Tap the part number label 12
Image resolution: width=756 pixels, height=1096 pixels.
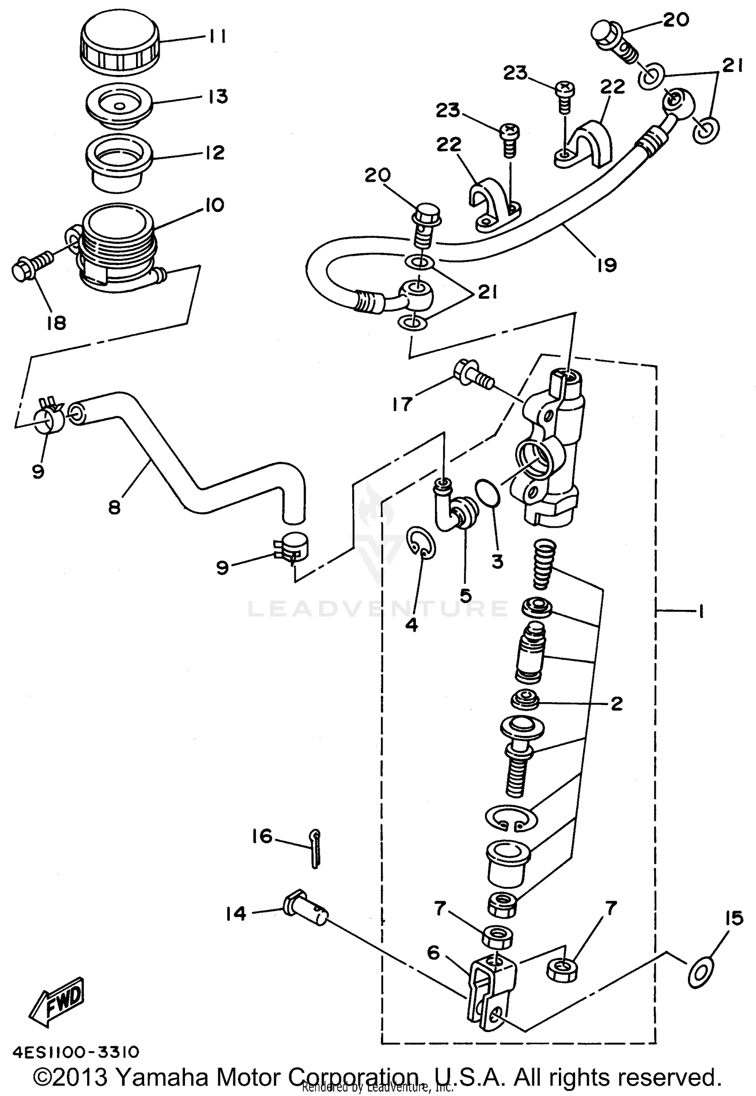pos(215,153)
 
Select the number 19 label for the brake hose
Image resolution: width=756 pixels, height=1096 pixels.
pos(606,265)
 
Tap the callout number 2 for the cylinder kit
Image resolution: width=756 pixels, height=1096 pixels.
pos(616,704)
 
